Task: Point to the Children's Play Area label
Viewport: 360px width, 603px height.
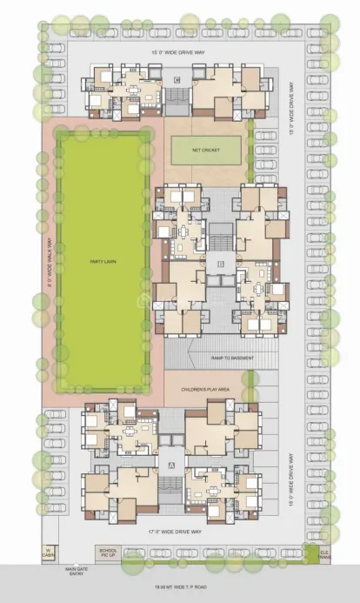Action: click(x=204, y=391)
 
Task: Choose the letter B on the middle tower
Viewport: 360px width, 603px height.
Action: click(x=221, y=262)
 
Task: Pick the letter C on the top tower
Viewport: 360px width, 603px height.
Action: click(x=177, y=80)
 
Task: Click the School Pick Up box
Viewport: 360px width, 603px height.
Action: click(x=108, y=553)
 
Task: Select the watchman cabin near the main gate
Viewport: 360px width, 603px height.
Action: click(x=50, y=552)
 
